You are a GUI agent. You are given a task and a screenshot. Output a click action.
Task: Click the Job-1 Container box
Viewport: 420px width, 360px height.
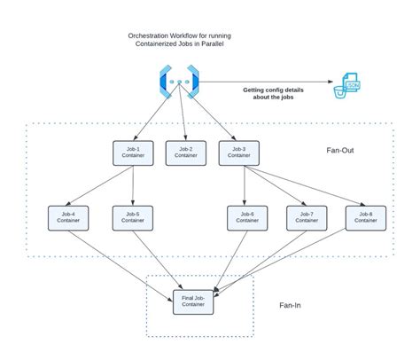tap(133, 153)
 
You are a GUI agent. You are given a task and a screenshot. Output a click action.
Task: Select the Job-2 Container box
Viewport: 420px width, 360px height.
tap(186, 153)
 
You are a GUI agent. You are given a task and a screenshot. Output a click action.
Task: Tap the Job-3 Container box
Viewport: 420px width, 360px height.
tap(239, 153)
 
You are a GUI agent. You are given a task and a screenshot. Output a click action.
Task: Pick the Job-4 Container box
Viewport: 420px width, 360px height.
tap(68, 217)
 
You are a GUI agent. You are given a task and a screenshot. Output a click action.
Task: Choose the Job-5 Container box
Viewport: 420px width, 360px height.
tap(133, 217)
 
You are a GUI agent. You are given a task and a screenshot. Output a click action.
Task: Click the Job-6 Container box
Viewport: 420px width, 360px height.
tap(247, 217)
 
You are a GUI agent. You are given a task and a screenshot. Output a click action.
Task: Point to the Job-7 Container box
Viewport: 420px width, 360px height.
tap(307, 217)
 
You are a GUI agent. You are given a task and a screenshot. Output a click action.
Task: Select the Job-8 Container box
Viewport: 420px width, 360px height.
tap(365, 217)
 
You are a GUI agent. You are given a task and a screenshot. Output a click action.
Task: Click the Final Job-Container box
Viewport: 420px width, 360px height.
tap(193, 301)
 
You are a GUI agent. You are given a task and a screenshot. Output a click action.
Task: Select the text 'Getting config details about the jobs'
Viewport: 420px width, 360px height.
tap(280, 95)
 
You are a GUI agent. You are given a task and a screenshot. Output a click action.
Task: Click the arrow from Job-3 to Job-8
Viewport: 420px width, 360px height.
tap(306, 186)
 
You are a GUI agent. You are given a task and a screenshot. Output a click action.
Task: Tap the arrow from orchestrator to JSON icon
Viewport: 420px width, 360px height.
tap(266, 82)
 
